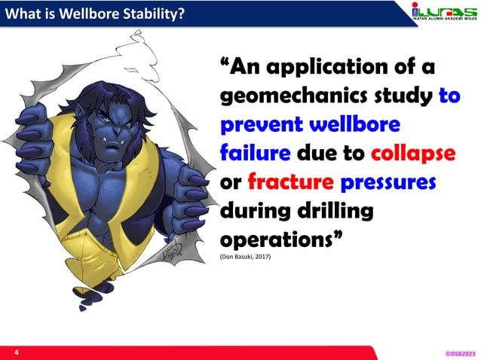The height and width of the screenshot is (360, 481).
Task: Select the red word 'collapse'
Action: click(413, 153)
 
